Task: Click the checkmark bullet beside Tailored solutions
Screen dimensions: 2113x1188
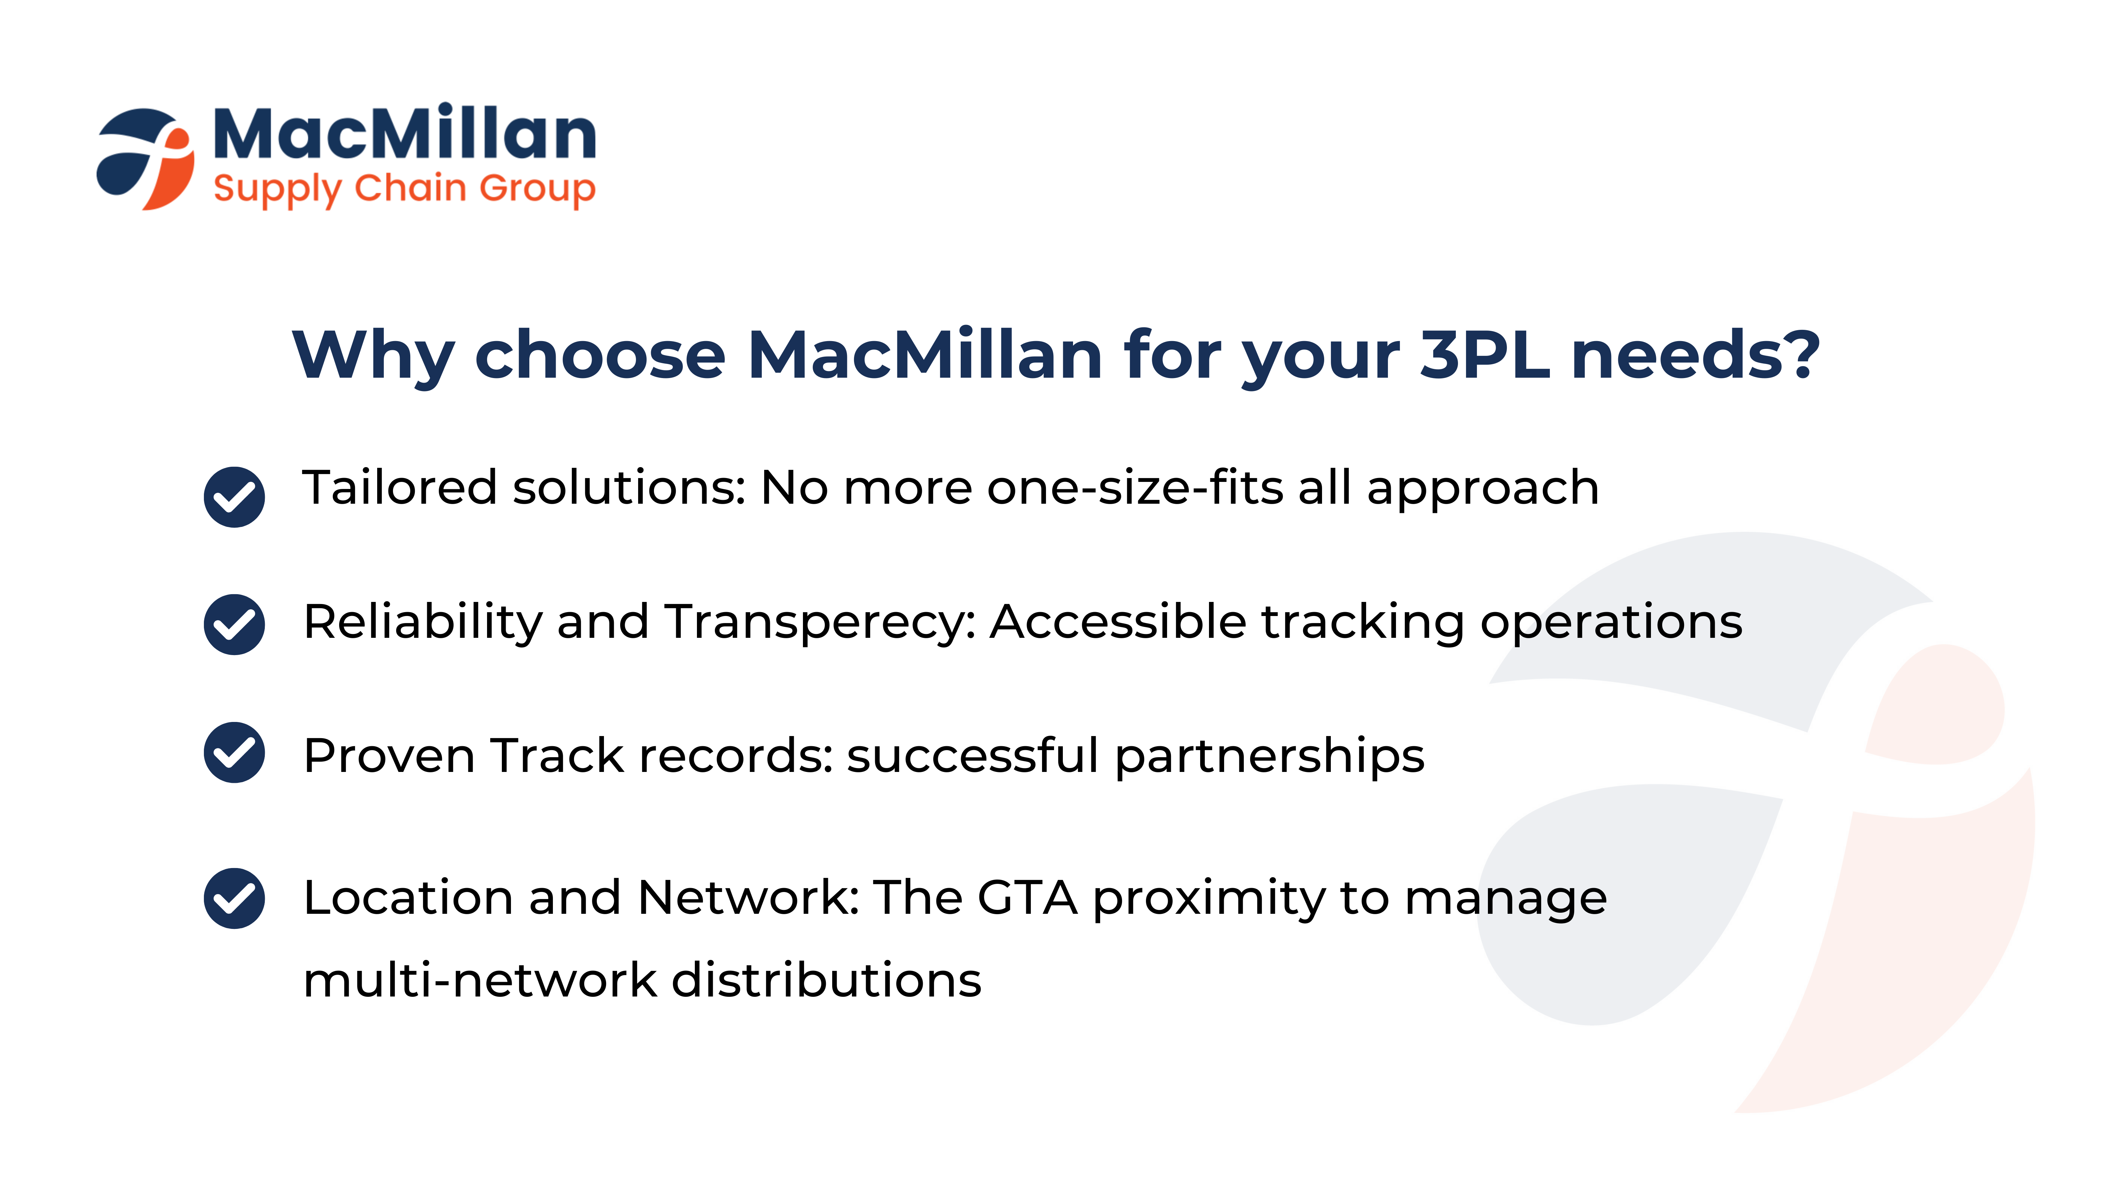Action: [235, 497]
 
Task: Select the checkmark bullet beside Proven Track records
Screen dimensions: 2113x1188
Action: [235, 753]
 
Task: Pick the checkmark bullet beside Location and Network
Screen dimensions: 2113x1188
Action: [235, 899]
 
